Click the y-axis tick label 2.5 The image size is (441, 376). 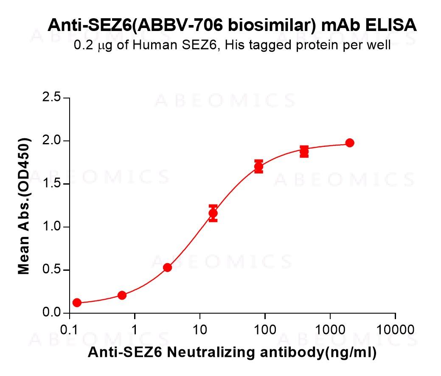pos(51,98)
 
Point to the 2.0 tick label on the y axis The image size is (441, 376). pos(51,141)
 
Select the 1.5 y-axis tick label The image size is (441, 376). pos(51,184)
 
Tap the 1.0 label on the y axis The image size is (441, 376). pos(51,227)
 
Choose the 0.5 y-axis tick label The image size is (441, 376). pos(51,270)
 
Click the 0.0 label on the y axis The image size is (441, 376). pos(51,313)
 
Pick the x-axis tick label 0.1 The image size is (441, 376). pos(69,330)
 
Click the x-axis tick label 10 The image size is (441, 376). pos(200,330)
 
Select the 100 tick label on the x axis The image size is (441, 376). pos(265,330)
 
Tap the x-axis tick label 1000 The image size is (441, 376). pos(330,330)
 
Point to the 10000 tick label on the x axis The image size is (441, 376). pos(395,330)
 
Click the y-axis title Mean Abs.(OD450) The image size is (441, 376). pos(24,206)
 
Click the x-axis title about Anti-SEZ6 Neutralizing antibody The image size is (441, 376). pos(232,353)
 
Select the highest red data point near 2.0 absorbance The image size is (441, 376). pos(350,143)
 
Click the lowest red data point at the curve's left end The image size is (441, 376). pos(77,303)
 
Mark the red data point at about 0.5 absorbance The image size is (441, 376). pos(168,267)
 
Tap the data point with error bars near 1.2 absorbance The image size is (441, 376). pos(213,213)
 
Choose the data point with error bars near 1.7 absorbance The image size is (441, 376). pos(258,167)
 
